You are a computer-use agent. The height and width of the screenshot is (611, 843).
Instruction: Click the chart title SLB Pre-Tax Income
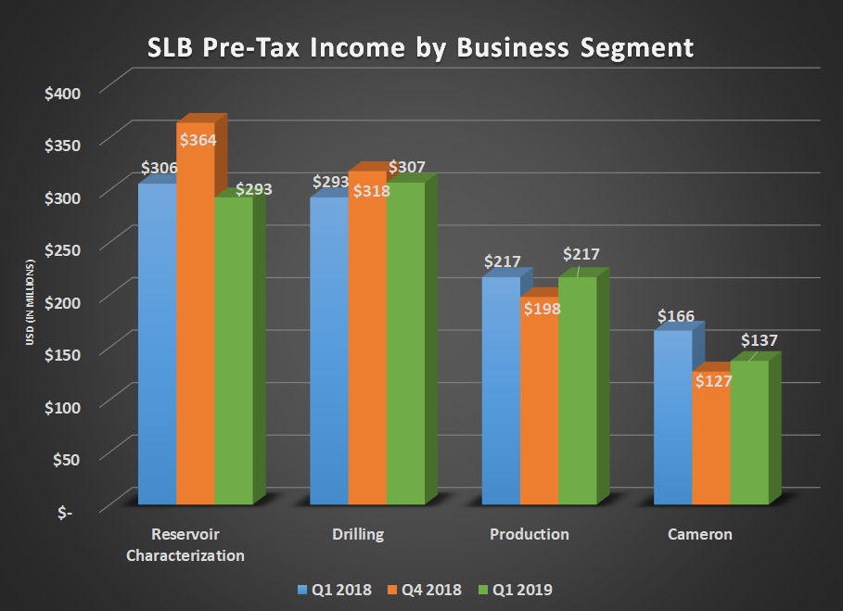(x=420, y=47)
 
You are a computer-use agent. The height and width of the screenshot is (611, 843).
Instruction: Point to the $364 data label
(x=197, y=141)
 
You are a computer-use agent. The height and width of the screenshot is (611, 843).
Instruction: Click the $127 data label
(x=712, y=381)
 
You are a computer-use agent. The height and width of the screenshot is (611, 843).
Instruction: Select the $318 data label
(x=370, y=191)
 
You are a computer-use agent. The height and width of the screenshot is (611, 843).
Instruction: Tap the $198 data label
(x=541, y=308)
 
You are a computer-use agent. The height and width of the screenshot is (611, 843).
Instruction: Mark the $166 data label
(x=675, y=316)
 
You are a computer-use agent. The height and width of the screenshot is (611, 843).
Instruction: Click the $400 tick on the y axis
(x=62, y=93)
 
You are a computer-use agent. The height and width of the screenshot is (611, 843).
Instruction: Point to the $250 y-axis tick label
(x=62, y=249)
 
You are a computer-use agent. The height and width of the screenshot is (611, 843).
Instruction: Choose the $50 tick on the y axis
(x=66, y=459)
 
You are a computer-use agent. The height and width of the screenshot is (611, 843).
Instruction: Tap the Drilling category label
(x=357, y=535)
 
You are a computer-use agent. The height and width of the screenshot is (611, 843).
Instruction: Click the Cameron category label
(x=699, y=535)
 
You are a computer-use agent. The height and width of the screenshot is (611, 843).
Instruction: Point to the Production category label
(x=529, y=535)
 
